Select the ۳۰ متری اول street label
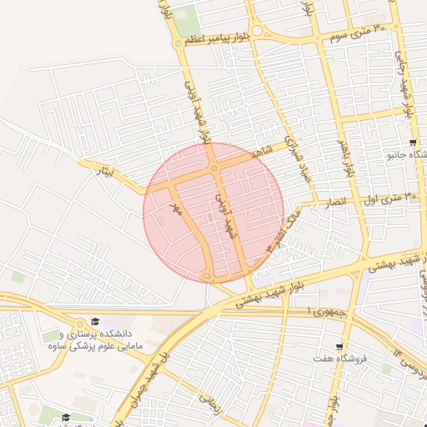[x=389, y=198]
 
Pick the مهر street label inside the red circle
[x=176, y=206]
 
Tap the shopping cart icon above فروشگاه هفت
[x=339, y=347]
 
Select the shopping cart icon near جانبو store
[x=391, y=154]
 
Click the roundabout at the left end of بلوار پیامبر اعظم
[x=178, y=43]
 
